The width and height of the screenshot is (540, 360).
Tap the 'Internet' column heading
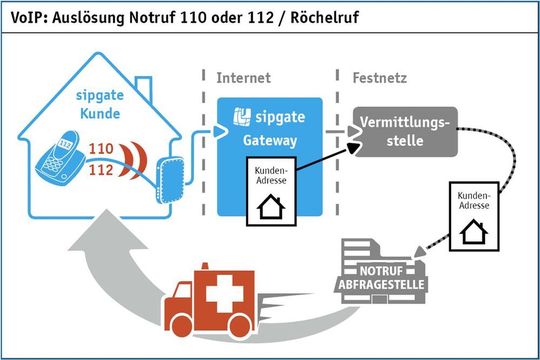pyautogui.click(x=243, y=77)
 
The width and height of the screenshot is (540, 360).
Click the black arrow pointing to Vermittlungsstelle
pyautogui.click(x=355, y=147)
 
